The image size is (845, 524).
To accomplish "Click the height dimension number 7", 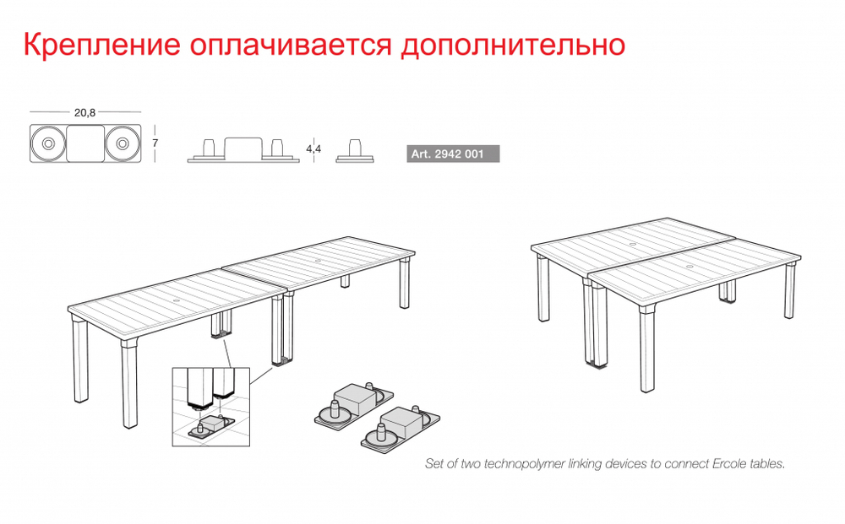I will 155,143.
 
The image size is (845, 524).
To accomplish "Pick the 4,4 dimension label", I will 313,149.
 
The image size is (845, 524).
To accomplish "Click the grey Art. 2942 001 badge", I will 453,154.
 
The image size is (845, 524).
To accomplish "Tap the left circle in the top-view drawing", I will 46,144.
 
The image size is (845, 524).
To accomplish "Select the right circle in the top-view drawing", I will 123,144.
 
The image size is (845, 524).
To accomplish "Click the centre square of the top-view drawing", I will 84,144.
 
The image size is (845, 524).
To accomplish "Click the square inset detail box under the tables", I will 210,407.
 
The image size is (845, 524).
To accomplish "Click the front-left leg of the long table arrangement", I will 81,359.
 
